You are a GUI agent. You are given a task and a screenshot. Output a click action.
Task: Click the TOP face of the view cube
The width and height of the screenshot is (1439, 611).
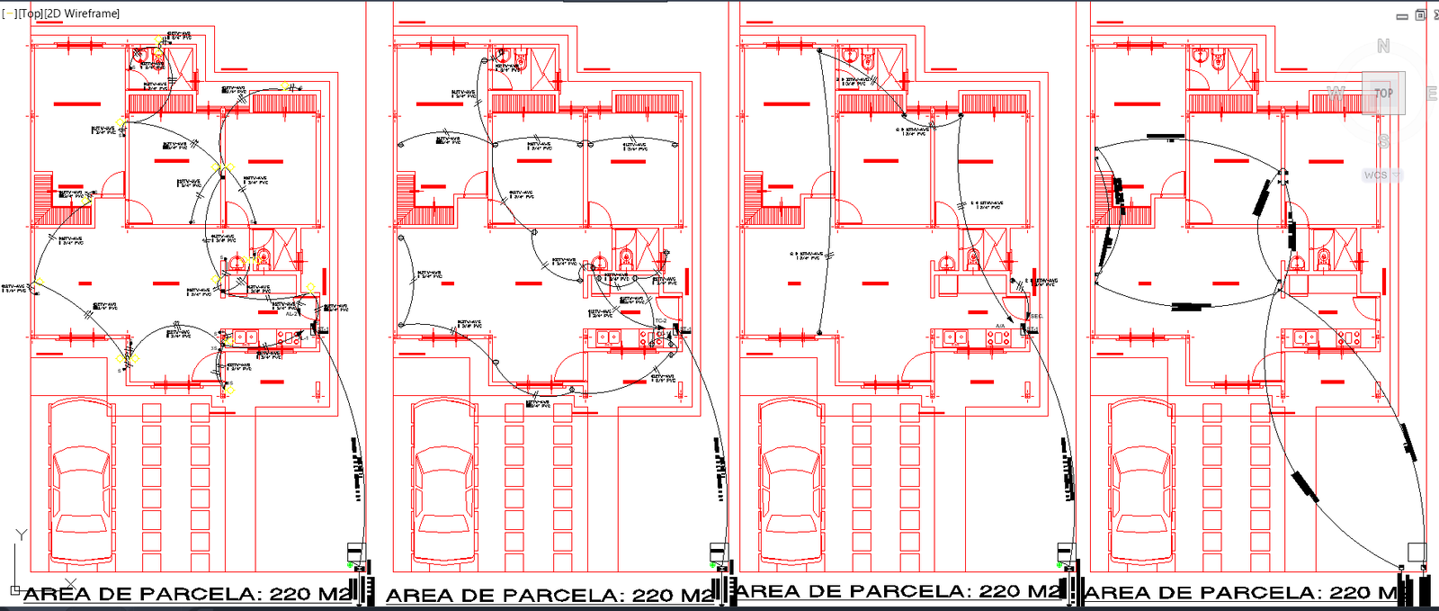tap(1383, 93)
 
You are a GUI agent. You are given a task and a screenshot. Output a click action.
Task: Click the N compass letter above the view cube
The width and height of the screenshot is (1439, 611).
tap(1383, 46)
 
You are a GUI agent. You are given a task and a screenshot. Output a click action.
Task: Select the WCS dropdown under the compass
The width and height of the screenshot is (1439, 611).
tap(1381, 175)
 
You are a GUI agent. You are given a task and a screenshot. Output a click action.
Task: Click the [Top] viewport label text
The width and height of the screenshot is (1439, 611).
tap(31, 13)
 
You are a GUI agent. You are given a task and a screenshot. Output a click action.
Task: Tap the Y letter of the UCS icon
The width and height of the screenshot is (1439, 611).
tap(22, 535)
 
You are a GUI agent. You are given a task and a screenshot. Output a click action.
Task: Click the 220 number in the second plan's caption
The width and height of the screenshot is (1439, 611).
tap(654, 595)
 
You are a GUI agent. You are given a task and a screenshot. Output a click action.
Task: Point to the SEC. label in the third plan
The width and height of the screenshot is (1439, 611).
tap(1036, 316)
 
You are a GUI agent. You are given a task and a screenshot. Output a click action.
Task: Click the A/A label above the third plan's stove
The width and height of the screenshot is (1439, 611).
tap(1000, 326)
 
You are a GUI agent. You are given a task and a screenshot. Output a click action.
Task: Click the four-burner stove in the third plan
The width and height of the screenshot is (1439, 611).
tap(998, 338)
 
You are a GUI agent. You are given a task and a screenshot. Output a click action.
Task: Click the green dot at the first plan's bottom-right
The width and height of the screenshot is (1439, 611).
tap(350, 564)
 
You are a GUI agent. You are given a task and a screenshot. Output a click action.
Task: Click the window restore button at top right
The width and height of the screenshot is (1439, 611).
tap(1420, 15)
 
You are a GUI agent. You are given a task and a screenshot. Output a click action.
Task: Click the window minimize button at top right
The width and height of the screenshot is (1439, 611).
tap(1402, 16)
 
